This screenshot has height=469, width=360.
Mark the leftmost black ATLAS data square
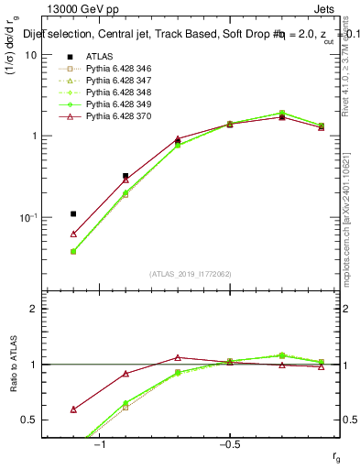coord(73,213)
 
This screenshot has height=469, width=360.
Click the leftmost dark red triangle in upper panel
coord(73,234)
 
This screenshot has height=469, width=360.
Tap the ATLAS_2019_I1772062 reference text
coord(191,274)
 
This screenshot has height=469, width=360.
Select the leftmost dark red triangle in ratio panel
coord(73,409)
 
